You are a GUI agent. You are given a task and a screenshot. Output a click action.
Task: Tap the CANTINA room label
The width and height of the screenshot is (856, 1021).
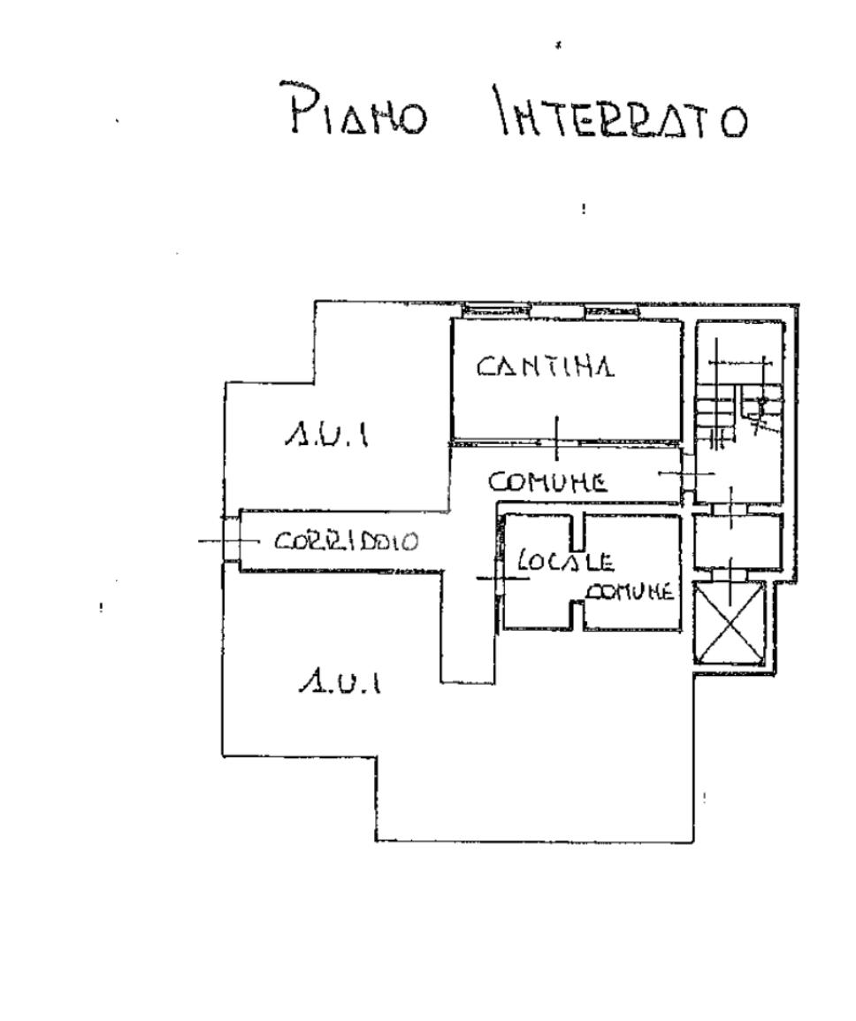click(546, 365)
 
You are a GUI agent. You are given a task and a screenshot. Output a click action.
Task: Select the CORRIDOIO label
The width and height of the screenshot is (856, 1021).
click(346, 541)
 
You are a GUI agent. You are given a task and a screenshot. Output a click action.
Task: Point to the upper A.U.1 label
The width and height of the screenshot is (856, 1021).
click(326, 434)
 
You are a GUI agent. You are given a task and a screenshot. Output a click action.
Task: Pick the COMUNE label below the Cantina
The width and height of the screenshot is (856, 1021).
click(548, 482)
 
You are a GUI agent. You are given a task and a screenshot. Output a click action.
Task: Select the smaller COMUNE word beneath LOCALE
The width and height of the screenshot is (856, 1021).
click(630, 591)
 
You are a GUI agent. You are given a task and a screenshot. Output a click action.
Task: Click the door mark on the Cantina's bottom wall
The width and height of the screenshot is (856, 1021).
click(556, 441)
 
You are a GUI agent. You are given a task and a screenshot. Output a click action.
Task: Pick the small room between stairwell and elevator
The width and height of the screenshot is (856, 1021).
click(737, 541)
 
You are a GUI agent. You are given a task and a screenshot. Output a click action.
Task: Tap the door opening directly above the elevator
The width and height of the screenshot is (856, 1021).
click(730, 575)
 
